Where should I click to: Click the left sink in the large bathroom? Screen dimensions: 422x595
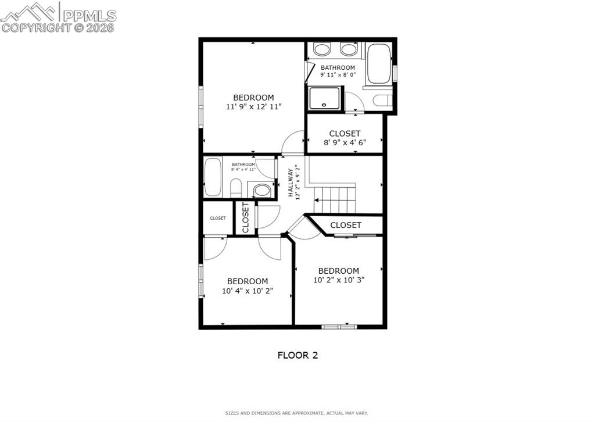322,49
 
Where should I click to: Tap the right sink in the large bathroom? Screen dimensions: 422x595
348,49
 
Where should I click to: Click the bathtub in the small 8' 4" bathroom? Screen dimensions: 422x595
213,177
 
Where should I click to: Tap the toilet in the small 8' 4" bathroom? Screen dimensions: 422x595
236,188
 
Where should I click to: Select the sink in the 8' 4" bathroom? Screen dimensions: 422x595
262,190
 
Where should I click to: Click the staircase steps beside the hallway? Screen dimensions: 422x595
335,199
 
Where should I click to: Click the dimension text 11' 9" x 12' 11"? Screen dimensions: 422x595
254,107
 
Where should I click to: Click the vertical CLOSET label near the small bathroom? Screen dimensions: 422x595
245,217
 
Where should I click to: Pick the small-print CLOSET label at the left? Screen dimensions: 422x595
218,218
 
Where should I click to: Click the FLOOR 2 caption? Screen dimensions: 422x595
297,355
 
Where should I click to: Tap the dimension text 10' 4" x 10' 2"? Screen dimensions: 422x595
248,291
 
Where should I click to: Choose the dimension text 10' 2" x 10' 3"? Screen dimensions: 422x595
338,280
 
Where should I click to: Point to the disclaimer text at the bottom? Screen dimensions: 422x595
297,413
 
